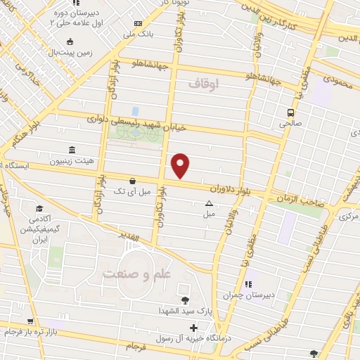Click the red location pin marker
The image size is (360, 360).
(x=181, y=165)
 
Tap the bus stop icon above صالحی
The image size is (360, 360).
(x=290, y=112)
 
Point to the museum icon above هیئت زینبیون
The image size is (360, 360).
(x=72, y=150)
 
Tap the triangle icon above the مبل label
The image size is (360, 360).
(x=208, y=204)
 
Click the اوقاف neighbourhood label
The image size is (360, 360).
(x=204, y=84)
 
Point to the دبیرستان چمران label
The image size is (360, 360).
(x=246, y=296)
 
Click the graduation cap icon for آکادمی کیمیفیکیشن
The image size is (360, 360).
(x=40, y=209)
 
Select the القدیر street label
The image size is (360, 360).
(x=133, y=233)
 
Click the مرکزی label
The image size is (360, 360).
(x=347, y=216)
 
